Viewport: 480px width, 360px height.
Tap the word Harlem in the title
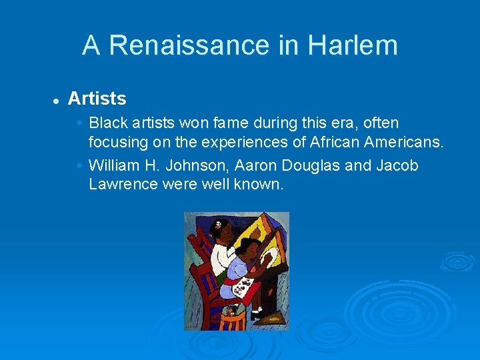click(353, 45)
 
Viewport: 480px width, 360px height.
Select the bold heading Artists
click(97, 99)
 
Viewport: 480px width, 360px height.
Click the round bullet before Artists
click(57, 100)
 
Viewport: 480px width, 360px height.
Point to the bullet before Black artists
click(79, 123)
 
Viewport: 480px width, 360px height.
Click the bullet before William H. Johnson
click(79, 165)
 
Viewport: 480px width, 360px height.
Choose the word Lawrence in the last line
click(123, 184)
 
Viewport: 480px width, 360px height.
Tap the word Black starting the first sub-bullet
click(108, 123)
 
